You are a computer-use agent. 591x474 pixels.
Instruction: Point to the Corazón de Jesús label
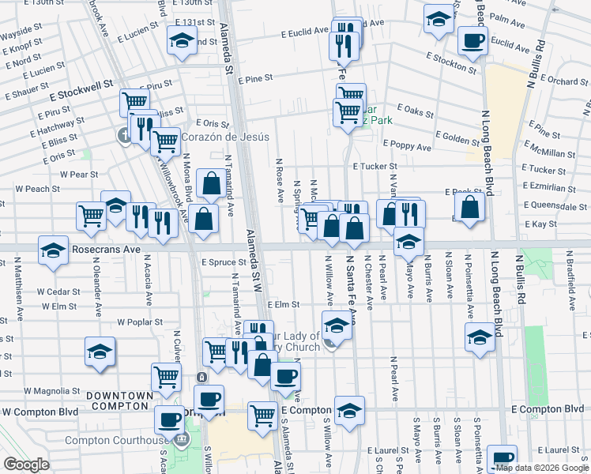pos(225,137)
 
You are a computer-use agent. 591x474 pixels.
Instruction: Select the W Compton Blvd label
pos(40,412)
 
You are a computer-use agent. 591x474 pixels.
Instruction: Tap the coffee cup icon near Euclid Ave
pos(472,42)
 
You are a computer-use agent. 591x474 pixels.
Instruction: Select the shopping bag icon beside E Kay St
pos(470,209)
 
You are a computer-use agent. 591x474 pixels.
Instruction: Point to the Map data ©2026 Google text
pos(540,468)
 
